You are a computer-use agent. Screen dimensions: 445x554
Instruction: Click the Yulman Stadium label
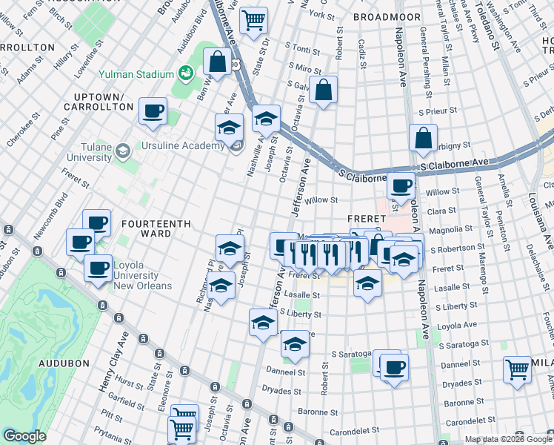tap(138, 74)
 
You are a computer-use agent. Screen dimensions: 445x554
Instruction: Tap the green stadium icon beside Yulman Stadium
tap(184, 73)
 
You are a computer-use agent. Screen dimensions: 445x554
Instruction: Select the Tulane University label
tap(89, 152)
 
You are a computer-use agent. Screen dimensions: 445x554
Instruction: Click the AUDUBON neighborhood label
tap(64, 363)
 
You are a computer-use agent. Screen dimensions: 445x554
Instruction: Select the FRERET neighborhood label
tap(367, 219)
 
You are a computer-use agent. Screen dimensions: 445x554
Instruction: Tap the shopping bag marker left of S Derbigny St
tap(422, 137)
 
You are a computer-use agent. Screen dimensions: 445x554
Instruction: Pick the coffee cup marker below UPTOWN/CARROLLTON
tap(153, 111)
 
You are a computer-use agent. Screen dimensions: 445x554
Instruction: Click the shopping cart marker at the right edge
tap(517, 369)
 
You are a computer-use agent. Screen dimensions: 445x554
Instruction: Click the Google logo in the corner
tap(24, 436)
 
